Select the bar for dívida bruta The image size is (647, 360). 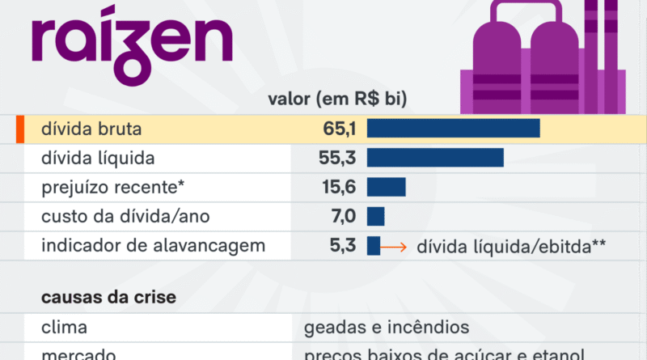(x=453, y=128)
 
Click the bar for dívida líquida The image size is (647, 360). (x=435, y=158)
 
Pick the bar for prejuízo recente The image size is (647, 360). (x=386, y=187)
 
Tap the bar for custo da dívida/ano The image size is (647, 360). (x=375, y=217)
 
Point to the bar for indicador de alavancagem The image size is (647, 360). (x=373, y=246)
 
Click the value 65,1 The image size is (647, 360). (x=338, y=128)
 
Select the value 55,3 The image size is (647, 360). (x=338, y=158)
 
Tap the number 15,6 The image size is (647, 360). (x=339, y=187)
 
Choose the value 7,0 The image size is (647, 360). (x=342, y=217)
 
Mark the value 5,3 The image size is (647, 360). (x=343, y=246)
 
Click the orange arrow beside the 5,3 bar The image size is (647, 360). (x=395, y=247)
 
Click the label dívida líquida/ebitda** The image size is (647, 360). (x=511, y=247)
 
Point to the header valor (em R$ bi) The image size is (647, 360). (x=336, y=100)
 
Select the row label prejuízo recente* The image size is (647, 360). (x=113, y=187)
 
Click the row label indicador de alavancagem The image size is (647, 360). (x=153, y=246)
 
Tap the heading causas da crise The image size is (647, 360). (x=108, y=298)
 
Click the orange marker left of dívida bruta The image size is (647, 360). (x=18, y=129)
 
